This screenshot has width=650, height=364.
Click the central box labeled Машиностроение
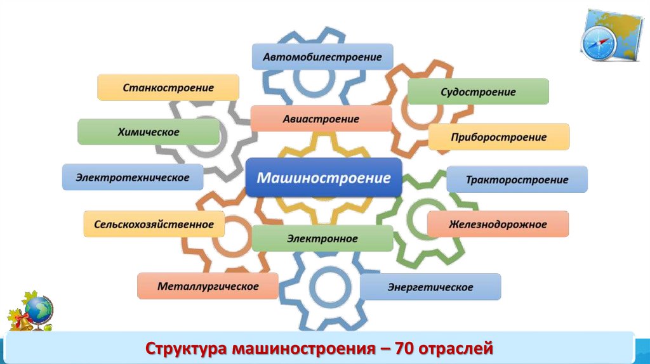pyautogui.click(x=323, y=177)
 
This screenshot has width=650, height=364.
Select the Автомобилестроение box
pyautogui.click(x=322, y=57)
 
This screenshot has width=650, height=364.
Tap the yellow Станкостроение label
pyautogui.click(x=168, y=88)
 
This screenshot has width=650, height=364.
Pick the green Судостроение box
pyautogui.click(x=478, y=92)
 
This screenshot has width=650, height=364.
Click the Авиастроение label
pyautogui.click(x=321, y=119)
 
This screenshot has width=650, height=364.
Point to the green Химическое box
pyautogui.click(x=149, y=132)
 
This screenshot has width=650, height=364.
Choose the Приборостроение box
pyautogui.click(x=499, y=137)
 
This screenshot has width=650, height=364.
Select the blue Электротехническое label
pyautogui.click(x=133, y=178)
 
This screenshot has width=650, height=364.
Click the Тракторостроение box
pyautogui.click(x=517, y=179)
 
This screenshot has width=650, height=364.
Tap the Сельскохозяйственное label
pyautogui.click(x=154, y=224)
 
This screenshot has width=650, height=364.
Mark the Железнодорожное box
pyautogui.click(x=498, y=224)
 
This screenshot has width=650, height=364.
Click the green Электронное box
pyautogui.click(x=322, y=239)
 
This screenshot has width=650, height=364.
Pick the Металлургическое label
pyautogui.click(x=208, y=287)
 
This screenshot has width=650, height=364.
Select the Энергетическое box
pyautogui.click(x=430, y=287)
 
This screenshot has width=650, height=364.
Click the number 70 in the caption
pyautogui.click(x=404, y=348)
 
